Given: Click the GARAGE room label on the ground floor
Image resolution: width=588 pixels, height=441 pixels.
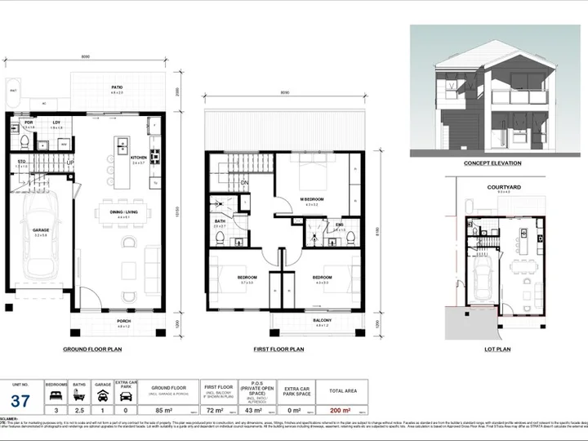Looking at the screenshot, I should point(41,230).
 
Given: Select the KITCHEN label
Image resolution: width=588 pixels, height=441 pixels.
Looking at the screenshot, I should point(138,158).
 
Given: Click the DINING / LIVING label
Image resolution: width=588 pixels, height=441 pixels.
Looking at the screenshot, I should point(124,214).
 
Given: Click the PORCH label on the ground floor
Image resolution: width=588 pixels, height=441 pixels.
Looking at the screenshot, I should point(123,321).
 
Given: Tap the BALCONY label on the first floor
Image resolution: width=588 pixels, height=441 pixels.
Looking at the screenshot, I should point(323,321).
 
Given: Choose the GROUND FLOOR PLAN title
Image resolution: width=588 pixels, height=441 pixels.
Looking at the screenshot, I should point(93,349).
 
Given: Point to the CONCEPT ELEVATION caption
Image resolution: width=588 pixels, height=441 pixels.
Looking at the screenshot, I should point(492,163).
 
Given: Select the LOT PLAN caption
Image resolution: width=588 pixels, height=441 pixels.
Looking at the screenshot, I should point(498,349).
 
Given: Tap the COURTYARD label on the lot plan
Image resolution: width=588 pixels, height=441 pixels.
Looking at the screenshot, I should point(499,186).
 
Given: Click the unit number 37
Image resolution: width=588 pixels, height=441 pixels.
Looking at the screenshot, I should point(20,401).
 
